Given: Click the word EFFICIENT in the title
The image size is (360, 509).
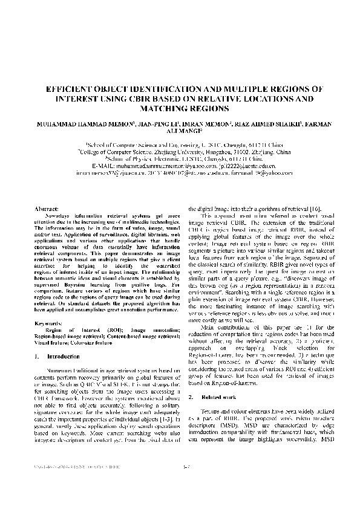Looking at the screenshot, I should [x=68, y=88].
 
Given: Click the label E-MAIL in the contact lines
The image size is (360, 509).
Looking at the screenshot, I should [x=105, y=164].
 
